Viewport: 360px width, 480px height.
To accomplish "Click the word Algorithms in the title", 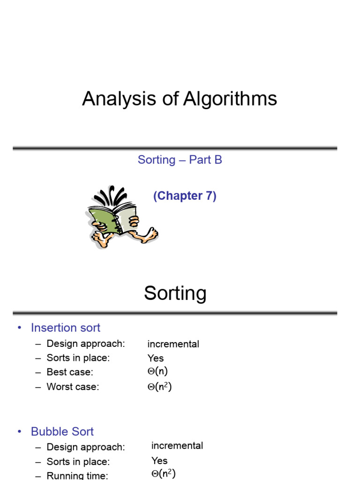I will point(230,99).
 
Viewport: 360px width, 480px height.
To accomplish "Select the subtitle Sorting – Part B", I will point(180,160).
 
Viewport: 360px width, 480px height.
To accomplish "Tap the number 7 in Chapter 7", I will point(208,196).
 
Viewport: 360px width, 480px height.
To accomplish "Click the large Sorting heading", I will point(175,293).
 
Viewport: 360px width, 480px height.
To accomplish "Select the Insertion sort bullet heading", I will point(66,328).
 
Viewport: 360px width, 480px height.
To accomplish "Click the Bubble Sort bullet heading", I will point(62,431).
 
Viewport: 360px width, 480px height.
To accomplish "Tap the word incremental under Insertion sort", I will point(173,344).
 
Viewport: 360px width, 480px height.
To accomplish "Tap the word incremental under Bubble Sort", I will point(177,445).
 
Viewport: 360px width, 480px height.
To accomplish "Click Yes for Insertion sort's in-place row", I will point(156,358).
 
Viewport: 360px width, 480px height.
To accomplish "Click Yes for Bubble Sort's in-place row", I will point(159,460).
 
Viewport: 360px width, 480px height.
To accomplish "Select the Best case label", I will point(70,373).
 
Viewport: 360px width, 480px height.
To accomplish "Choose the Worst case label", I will point(73,387).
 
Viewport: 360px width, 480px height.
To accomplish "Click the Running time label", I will point(77,476).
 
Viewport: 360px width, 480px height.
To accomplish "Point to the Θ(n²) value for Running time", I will point(164,474).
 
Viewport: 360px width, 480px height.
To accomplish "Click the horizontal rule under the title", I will point(175,148).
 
